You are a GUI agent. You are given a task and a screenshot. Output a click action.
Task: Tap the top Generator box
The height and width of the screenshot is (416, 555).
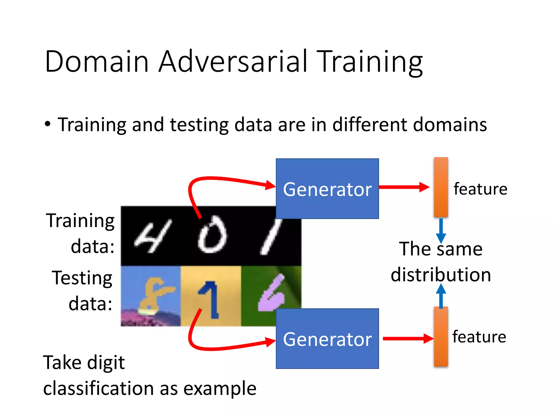[327, 189]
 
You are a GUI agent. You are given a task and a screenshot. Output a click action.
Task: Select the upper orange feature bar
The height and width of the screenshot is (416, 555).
[441, 187]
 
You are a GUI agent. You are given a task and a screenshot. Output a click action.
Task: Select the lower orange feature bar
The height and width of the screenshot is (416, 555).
[441, 337]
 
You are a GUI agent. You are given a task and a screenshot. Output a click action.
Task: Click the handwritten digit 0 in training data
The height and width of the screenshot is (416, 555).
[212, 235]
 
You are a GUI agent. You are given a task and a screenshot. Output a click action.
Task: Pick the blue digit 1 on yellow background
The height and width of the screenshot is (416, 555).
[210, 299]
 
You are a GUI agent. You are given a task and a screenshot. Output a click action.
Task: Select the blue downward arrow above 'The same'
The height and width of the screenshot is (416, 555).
[441, 230]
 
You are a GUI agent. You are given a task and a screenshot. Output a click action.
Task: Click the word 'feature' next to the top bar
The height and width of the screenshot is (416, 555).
[480, 189]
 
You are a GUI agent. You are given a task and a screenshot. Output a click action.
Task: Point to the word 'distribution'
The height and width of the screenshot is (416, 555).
[441, 275]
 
